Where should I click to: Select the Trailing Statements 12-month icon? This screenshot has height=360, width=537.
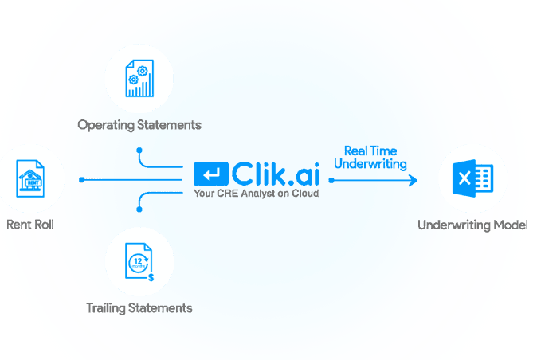pyautogui.click(x=139, y=264)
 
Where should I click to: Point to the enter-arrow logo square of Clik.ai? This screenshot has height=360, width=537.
pyautogui.click(x=211, y=174)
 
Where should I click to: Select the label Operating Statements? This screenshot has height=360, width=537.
pyautogui.click(x=139, y=125)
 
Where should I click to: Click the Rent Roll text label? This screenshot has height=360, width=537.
pyautogui.click(x=30, y=225)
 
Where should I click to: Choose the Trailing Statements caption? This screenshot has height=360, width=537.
pyautogui.click(x=139, y=307)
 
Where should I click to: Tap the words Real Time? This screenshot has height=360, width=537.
pyautogui.click(x=370, y=151)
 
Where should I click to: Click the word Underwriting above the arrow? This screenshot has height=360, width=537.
pyautogui.click(x=370, y=164)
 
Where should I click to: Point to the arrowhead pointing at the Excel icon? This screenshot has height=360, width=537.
pyautogui.click(x=413, y=180)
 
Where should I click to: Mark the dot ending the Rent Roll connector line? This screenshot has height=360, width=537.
pyautogui.click(x=82, y=180)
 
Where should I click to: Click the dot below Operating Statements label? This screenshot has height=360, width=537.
pyautogui.click(x=139, y=149)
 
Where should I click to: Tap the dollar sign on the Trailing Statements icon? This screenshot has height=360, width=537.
pyautogui.click(x=151, y=277)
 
